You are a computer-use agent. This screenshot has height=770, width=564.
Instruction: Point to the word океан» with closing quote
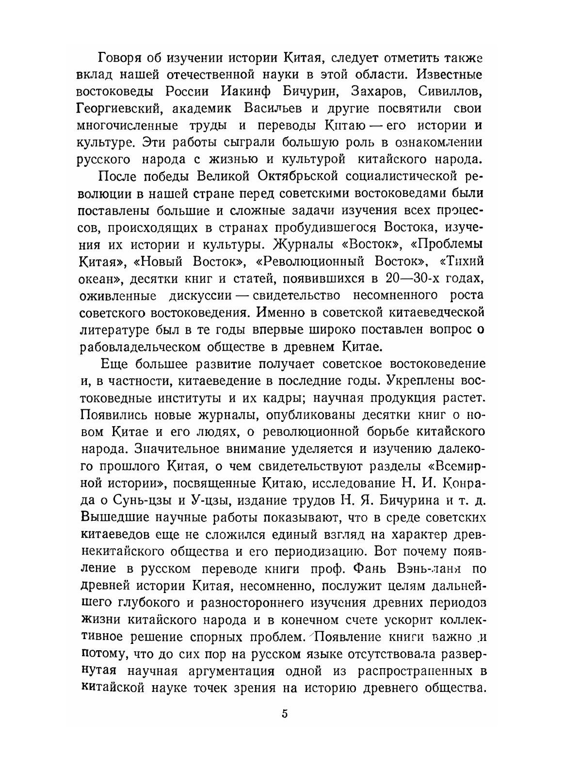point(99,278)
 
